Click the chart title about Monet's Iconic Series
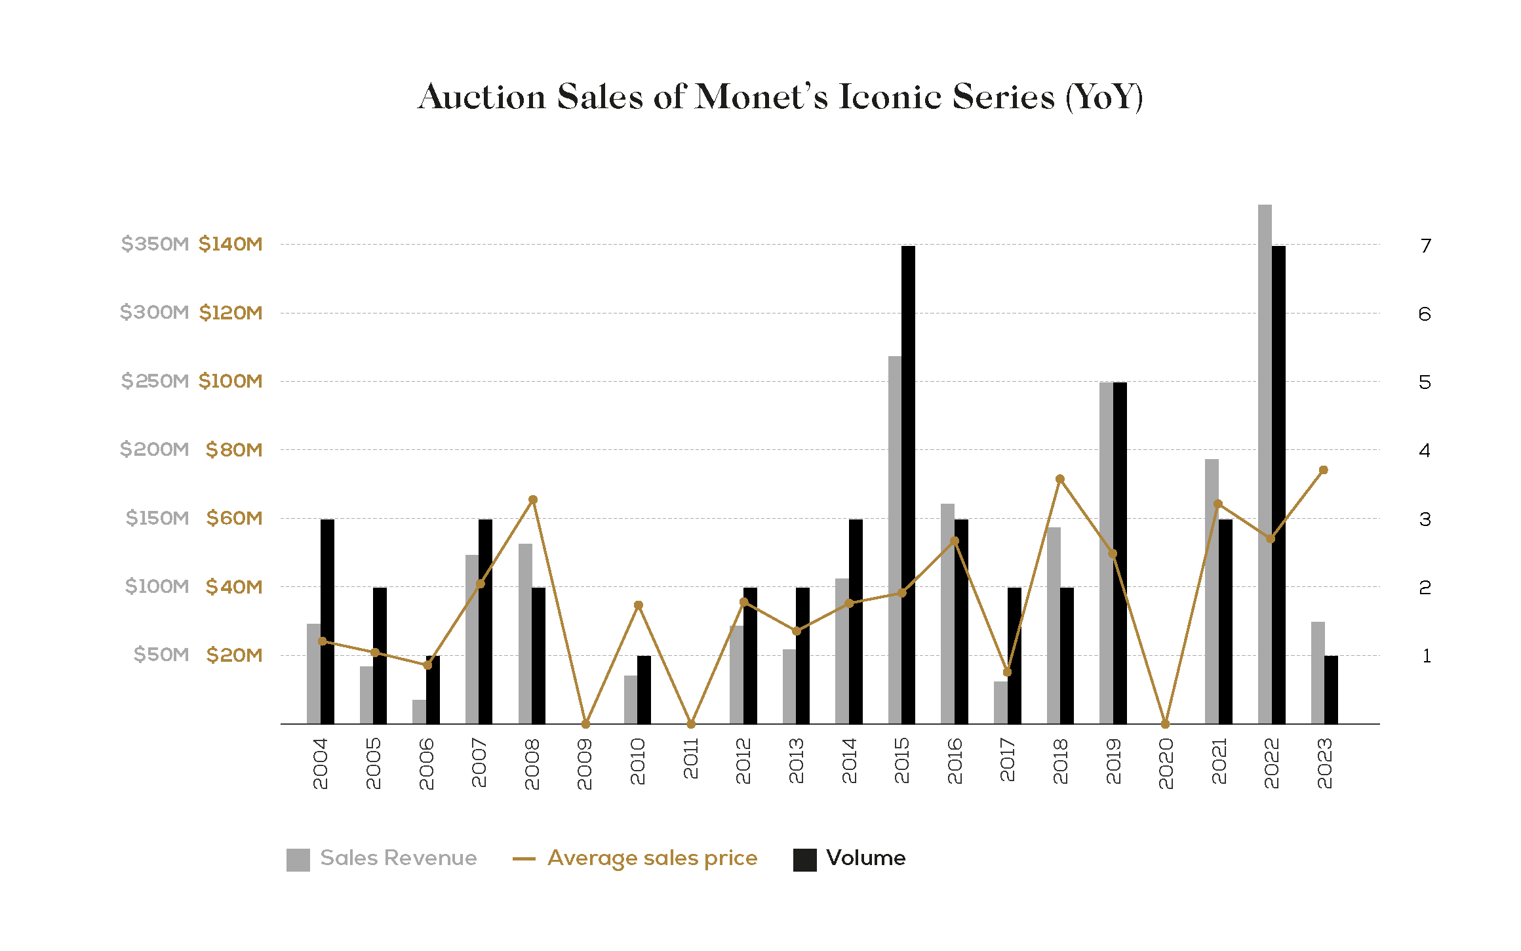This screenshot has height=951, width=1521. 780,97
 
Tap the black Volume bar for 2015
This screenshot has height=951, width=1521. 908,485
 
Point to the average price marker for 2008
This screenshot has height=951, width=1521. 533,500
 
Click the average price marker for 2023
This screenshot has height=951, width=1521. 1323,470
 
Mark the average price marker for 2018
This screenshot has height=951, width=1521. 1060,479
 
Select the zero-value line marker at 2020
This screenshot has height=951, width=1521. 1165,724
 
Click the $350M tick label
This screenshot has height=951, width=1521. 155,244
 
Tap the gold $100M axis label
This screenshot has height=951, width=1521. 231,381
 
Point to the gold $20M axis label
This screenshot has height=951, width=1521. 234,655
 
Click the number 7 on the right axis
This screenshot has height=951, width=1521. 1425,246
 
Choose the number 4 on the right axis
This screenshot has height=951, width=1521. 1424,451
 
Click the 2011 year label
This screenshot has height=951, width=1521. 690,758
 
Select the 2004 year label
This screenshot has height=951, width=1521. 320,763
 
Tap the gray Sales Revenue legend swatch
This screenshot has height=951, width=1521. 298,859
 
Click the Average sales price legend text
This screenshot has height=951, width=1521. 652,858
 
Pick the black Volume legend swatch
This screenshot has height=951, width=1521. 804,859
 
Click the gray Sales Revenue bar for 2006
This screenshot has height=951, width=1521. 419,712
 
